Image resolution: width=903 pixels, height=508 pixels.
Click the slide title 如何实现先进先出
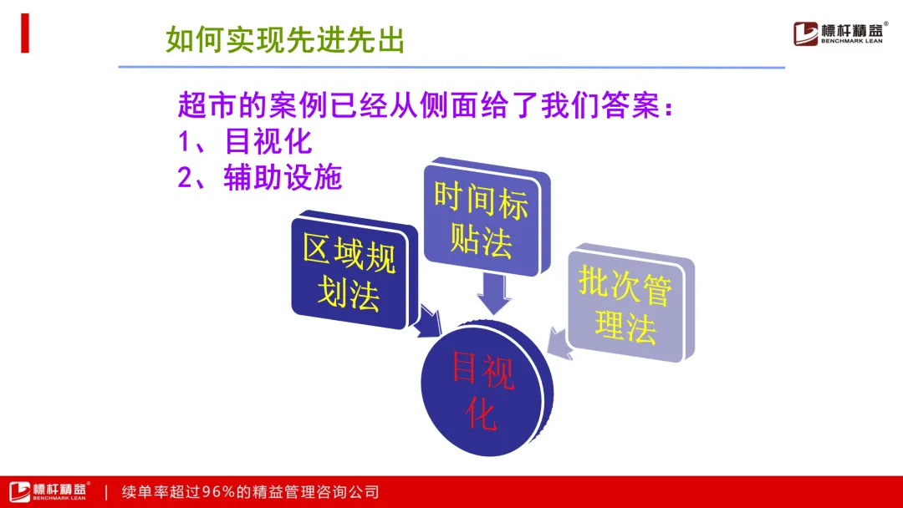tap(285, 40)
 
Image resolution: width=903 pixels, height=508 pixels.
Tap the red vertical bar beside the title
tap(25, 33)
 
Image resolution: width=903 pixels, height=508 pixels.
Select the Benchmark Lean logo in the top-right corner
tap(840, 33)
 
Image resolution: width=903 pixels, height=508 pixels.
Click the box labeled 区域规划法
tap(353, 271)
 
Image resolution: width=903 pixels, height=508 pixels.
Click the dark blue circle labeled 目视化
tap(487, 389)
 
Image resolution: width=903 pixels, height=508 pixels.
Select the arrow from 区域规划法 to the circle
tap(428, 321)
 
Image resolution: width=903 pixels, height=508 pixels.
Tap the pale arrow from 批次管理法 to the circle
tap(559, 343)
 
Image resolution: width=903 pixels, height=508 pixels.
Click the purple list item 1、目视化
tap(245, 141)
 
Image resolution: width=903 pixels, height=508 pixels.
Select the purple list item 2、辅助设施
tap(260, 177)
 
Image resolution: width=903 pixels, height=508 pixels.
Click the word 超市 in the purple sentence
tap(207, 105)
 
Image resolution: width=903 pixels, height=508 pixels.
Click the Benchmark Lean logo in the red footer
tap(49, 491)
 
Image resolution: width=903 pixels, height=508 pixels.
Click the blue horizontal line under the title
tap(451, 68)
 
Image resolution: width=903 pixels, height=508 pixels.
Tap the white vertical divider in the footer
tap(106, 492)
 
